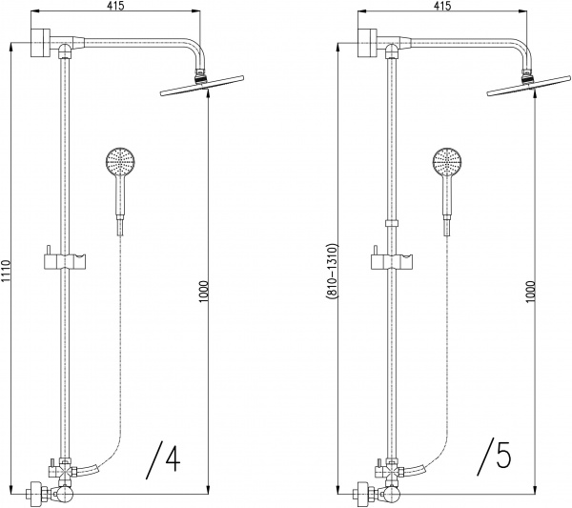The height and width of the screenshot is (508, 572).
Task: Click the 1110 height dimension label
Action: [x=5, y=271]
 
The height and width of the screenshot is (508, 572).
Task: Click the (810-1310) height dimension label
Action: [x=332, y=272]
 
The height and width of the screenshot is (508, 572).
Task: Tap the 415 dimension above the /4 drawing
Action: [x=115, y=6]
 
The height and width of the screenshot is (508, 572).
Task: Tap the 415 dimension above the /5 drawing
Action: [x=442, y=6]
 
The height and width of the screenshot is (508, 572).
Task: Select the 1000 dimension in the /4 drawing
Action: [x=204, y=292]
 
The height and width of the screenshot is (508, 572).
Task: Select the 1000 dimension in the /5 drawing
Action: [x=531, y=292]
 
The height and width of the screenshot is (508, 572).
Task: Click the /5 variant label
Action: [x=493, y=457]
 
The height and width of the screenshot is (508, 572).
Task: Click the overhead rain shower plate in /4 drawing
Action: [x=202, y=86]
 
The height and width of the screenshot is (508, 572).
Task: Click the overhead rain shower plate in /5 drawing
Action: [x=529, y=86]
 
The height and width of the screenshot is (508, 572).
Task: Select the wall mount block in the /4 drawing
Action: [x=39, y=42]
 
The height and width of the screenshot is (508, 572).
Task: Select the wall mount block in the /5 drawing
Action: [x=366, y=42]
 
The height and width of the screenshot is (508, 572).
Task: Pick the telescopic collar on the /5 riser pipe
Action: [x=392, y=224]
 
